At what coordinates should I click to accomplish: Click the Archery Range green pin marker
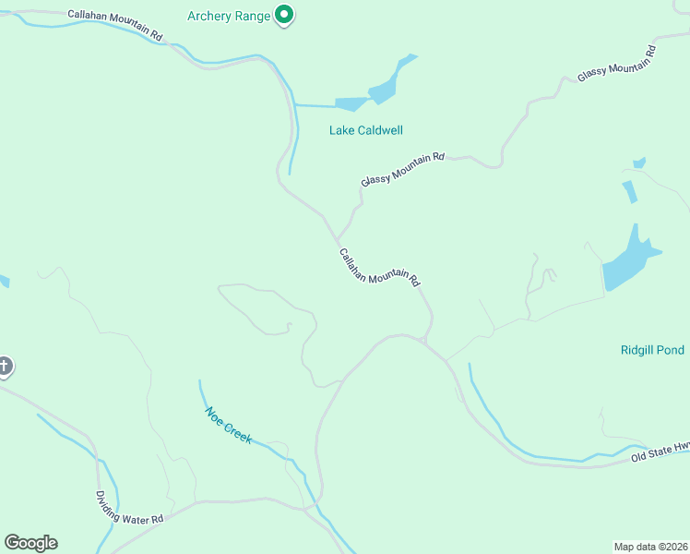[x=285, y=15]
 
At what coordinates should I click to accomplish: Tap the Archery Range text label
[x=229, y=16]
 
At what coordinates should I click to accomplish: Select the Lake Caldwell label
[x=366, y=130]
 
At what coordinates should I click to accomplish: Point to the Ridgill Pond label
[x=652, y=350]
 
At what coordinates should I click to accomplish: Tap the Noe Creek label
[x=228, y=426]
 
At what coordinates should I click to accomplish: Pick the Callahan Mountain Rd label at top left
[x=115, y=25]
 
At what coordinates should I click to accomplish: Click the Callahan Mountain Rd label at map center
[x=379, y=267]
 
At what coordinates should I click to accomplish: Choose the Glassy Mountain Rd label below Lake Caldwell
[x=402, y=169]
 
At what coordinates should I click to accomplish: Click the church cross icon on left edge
[x=5, y=367]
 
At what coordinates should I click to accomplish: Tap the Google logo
[x=30, y=543]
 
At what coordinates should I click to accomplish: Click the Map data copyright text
[x=651, y=546]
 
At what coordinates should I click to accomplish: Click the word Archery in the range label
[x=208, y=16]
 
